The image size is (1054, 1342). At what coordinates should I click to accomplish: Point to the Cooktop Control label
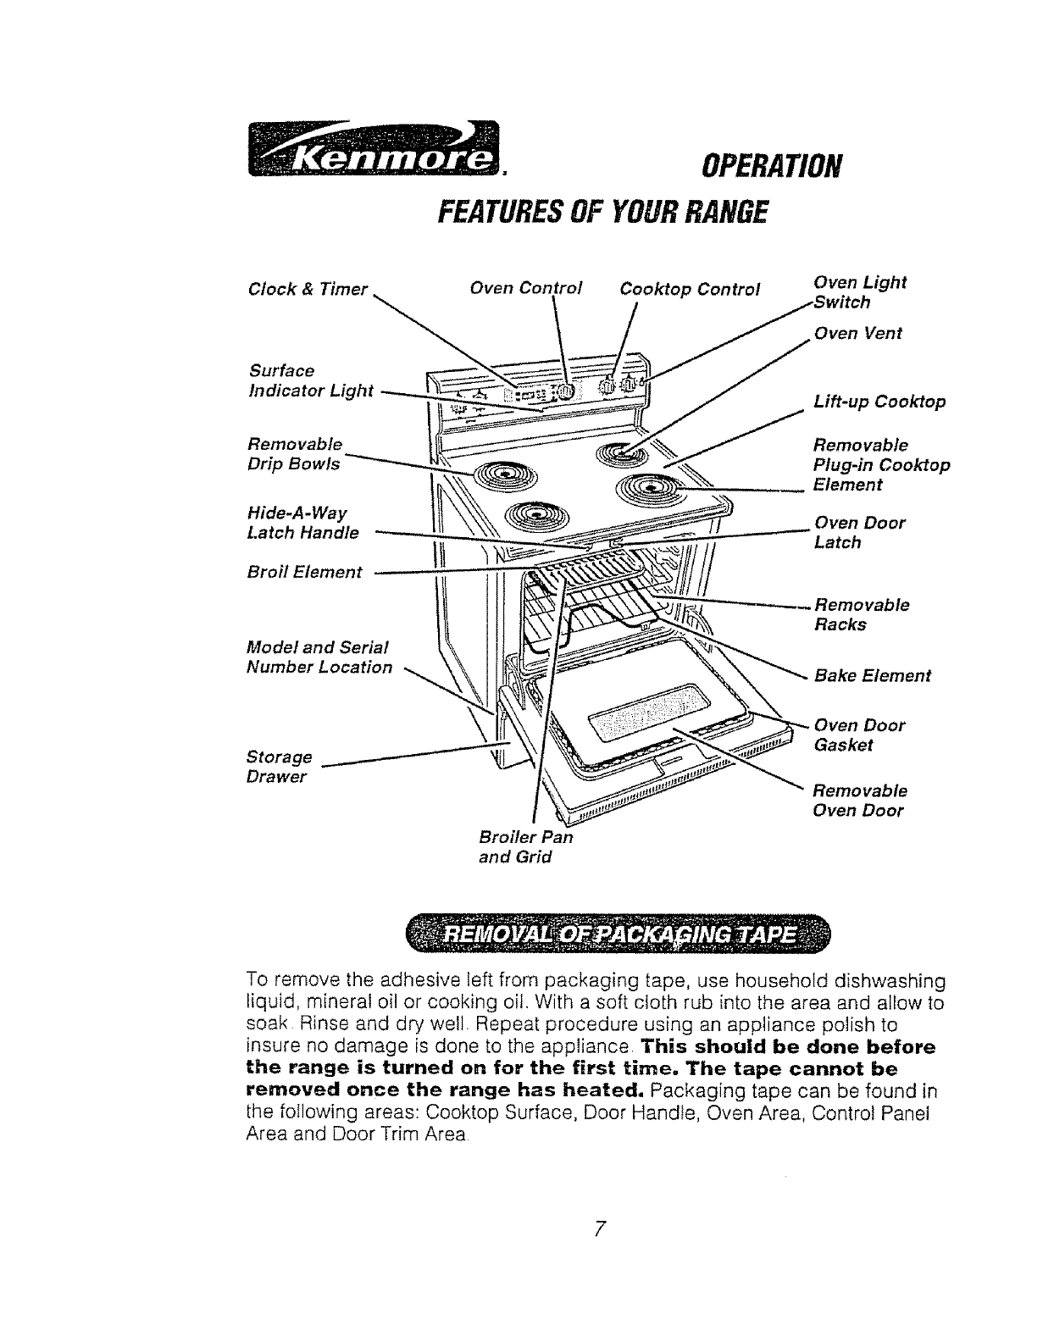[x=691, y=288]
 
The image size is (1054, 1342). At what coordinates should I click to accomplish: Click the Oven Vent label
[x=857, y=333]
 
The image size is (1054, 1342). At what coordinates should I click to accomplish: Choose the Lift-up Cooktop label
[x=879, y=402]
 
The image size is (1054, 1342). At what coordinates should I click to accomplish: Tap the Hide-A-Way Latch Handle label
[x=302, y=523]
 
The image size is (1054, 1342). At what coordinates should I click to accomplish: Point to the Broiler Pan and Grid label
[x=525, y=846]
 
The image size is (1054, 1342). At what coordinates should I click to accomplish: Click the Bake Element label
[x=872, y=675]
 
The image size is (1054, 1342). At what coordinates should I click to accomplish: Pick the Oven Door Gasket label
[x=858, y=735]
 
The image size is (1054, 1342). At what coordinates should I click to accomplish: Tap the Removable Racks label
[x=861, y=614]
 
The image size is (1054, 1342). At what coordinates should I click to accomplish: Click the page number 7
[x=598, y=1228]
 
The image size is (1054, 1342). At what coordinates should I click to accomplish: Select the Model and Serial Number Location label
[x=319, y=657]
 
